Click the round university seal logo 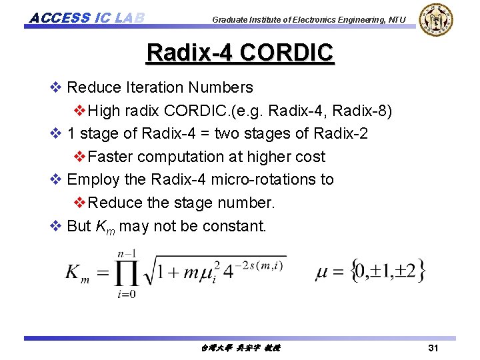[437, 20]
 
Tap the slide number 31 [433, 348]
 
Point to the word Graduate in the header [229, 20]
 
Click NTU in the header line [396, 20]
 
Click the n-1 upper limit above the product [126, 253]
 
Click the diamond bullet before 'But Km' [55, 226]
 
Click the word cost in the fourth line [309, 157]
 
